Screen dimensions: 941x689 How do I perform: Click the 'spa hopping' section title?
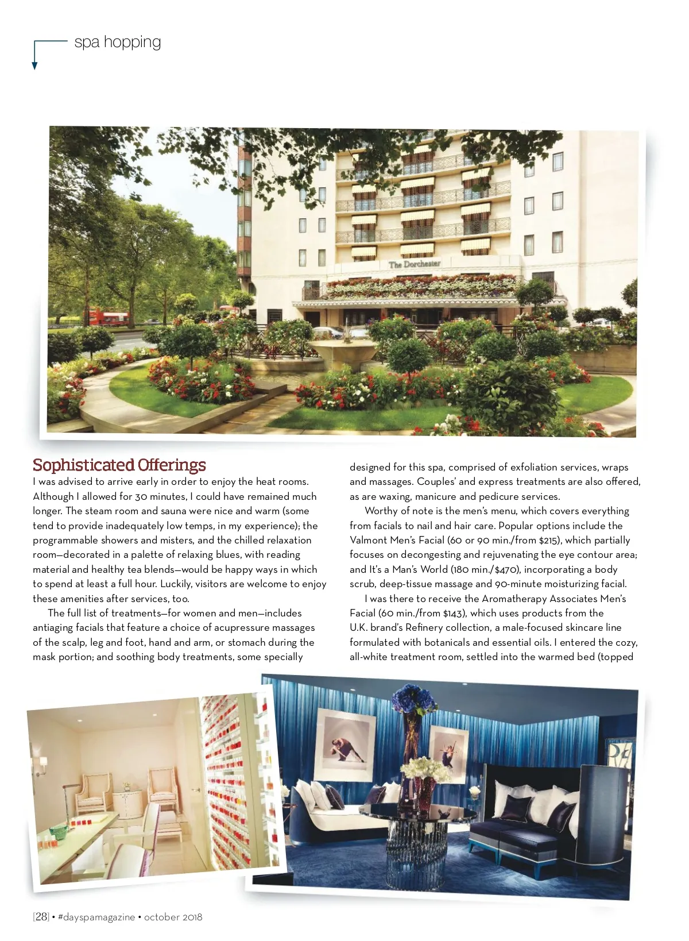point(118,42)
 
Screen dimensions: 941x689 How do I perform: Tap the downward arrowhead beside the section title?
point(34,65)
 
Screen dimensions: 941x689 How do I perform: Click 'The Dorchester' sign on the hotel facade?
point(415,264)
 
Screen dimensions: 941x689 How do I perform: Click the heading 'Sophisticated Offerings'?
point(119,465)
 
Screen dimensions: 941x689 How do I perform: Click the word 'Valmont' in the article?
point(368,540)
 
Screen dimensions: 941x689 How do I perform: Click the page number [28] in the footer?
point(41,917)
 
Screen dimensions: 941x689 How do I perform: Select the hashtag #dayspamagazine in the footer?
point(96,917)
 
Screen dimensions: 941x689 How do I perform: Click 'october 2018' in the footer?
point(173,917)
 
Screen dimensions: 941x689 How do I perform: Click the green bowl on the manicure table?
point(58,831)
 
